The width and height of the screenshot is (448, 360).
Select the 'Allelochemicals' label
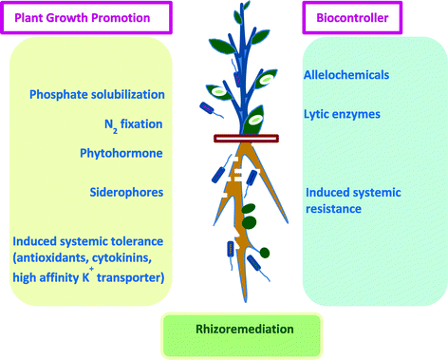pos(347,73)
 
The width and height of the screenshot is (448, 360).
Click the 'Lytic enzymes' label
pos(343,113)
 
